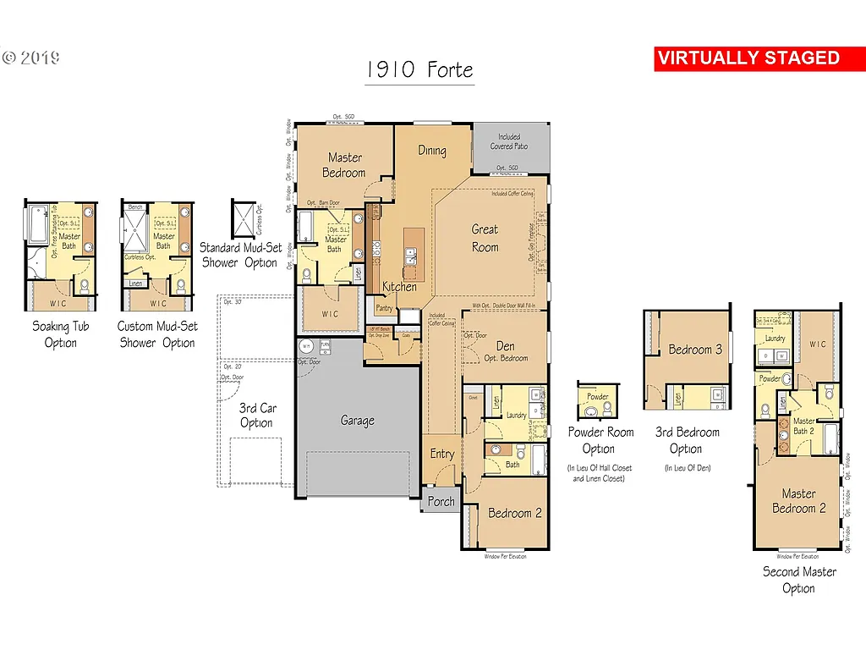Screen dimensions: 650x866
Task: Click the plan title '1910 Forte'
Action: [x=419, y=69]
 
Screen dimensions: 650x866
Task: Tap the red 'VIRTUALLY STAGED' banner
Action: [x=748, y=58]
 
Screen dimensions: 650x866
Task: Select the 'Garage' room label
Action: [x=357, y=421]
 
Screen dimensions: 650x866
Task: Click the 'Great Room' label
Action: [x=485, y=238]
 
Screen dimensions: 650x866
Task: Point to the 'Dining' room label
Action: [x=432, y=151]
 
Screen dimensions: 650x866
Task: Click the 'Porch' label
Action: [x=441, y=501]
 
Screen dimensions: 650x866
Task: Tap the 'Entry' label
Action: [x=441, y=454]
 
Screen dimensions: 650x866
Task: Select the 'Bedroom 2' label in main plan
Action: [x=514, y=513]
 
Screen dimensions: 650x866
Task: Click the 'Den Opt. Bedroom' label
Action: [x=505, y=351]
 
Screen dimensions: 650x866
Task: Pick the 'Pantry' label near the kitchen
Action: [x=384, y=308]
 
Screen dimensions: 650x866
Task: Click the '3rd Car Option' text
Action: [x=256, y=416]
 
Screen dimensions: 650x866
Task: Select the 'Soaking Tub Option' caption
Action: [x=60, y=334]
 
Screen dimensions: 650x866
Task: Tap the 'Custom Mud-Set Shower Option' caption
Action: [x=157, y=334]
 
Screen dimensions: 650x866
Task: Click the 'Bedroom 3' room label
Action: [x=695, y=350]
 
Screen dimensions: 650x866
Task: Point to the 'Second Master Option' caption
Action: [x=799, y=580]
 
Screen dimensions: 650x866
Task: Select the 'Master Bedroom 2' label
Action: [x=798, y=501]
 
